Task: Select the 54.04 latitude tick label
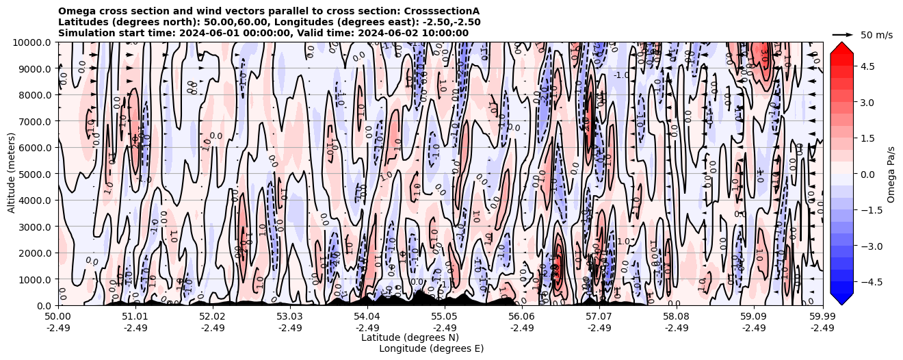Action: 367,317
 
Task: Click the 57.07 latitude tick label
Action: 599,317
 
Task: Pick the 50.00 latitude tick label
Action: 58,317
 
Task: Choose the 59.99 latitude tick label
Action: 822,317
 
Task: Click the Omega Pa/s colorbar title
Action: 891,174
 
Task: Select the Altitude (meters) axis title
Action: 12,174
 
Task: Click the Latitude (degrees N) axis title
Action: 410,337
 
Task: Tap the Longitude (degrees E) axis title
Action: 431,348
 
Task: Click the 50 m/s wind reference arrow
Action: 842,34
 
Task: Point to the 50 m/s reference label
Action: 876,35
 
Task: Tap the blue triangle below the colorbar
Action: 841,299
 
